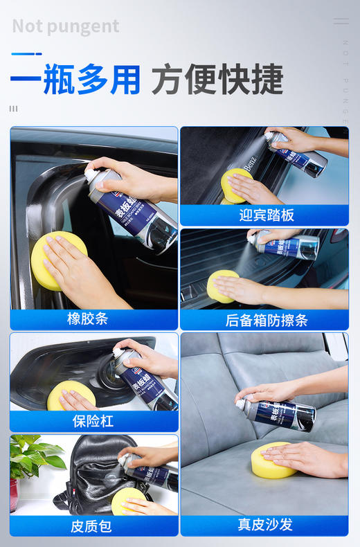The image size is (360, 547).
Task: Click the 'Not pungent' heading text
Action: click(x=66, y=26)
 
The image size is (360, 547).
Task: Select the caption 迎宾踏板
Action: click(x=263, y=215)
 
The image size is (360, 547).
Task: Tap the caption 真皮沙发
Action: click(x=264, y=525)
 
